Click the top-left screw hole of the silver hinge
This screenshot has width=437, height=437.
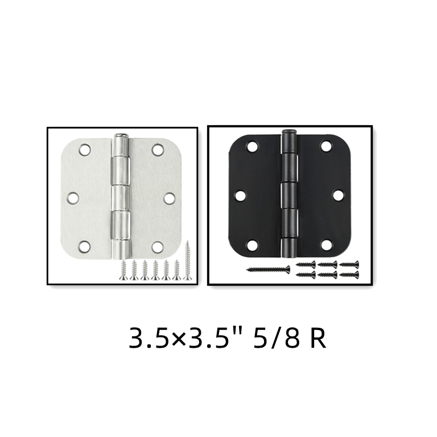coord(85,150)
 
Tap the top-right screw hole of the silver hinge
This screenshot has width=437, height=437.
coord(158,150)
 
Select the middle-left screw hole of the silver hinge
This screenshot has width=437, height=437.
coord(73,198)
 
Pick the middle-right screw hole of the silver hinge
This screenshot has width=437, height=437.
coord(170,198)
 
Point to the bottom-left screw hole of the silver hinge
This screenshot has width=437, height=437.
coord(84,246)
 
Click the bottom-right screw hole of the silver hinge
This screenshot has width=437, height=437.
coord(158,246)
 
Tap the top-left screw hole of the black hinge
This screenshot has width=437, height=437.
coord(253,146)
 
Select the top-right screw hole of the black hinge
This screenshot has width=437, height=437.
coord(326,146)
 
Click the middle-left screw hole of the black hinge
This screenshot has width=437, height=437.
coord(241,196)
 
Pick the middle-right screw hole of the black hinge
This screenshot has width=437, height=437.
coord(338,195)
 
